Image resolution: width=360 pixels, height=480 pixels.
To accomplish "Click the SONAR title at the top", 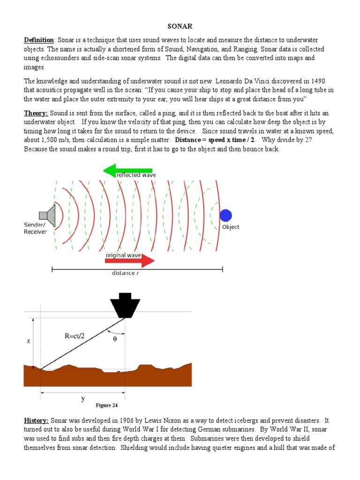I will (x=180, y=27).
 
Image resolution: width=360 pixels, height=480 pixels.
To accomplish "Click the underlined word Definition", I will (x=39, y=41).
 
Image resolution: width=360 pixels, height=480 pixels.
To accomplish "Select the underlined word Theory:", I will (x=36, y=113).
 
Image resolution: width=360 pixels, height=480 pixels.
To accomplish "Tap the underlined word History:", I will (x=37, y=421).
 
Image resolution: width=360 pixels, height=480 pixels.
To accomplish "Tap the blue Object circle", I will (x=226, y=215).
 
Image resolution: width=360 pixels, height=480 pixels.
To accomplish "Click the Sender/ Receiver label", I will (x=35, y=228).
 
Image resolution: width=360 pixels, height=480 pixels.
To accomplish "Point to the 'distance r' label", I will (x=125, y=273).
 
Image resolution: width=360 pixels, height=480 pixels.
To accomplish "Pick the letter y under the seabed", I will (x=83, y=399).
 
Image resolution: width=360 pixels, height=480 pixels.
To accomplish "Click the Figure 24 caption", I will (x=110, y=405).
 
